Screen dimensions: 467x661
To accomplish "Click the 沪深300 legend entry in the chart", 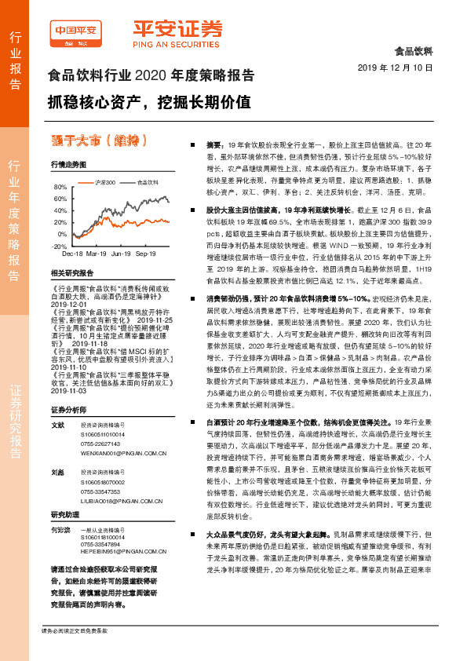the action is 104,181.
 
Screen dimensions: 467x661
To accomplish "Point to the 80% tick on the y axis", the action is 60,188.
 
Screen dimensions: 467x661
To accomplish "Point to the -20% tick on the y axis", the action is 60,246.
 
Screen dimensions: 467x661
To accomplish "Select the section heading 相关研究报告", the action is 71,273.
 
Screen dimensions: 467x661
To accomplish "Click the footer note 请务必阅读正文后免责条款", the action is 75,630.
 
